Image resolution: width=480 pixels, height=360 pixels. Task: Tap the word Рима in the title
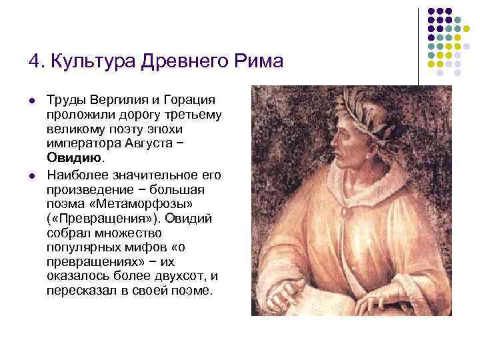pos(259,62)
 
